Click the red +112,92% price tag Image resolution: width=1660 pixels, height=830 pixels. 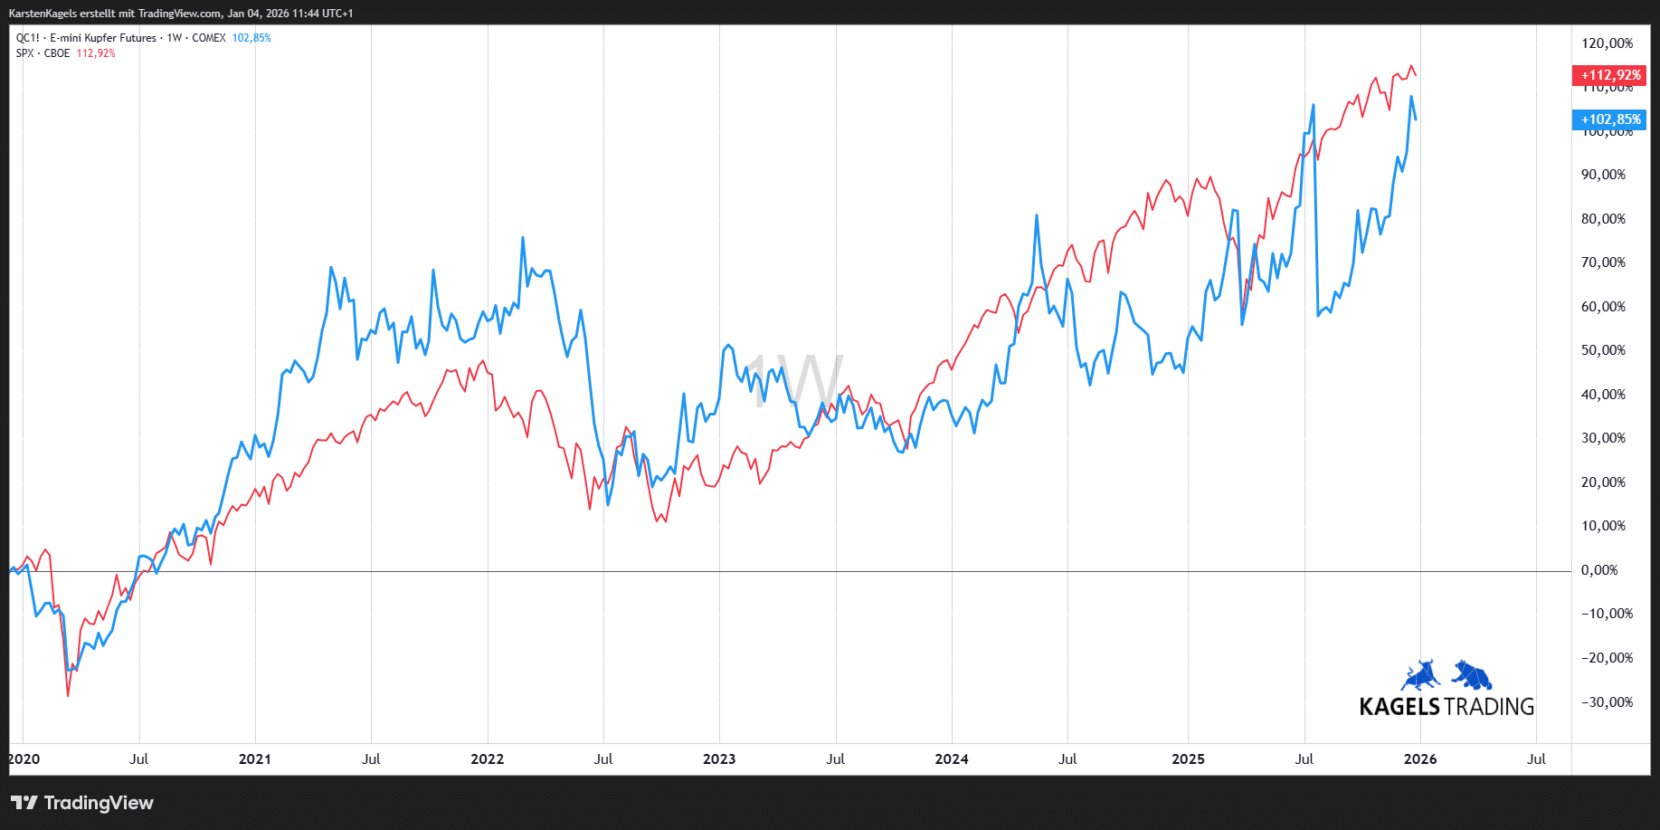1609,75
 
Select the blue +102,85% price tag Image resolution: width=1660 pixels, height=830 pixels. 1609,119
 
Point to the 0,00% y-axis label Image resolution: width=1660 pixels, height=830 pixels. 1598,570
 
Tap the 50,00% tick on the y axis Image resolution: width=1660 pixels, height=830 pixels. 1602,350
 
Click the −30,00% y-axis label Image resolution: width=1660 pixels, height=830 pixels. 1606,702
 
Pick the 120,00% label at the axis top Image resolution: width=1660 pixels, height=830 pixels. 1607,43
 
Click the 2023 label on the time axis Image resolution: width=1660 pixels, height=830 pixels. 719,759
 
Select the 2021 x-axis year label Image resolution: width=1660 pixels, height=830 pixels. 255,759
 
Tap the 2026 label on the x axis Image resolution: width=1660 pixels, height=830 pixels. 1419,759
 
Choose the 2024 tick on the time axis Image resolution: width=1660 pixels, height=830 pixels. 952,759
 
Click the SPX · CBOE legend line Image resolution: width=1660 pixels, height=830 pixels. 43,53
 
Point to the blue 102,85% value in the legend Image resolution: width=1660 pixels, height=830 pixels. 251,38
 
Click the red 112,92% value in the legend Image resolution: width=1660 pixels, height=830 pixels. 96,53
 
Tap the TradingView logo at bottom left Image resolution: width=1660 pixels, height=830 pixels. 82,803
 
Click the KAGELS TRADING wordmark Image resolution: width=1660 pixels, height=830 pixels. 1447,707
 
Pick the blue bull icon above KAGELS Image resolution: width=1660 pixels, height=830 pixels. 1420,675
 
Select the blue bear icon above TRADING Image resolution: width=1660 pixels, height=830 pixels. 1472,675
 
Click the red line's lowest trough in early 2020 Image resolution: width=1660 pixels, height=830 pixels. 68,694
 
